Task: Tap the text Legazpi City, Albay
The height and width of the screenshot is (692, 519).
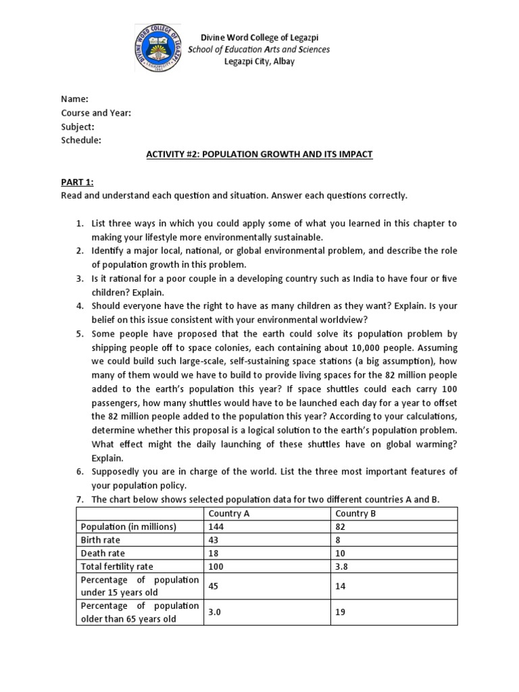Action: click(x=259, y=61)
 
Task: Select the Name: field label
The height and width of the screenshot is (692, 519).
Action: click(x=74, y=99)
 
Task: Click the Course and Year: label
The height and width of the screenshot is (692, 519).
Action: click(x=96, y=113)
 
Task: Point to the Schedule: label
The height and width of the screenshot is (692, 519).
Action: click(x=81, y=140)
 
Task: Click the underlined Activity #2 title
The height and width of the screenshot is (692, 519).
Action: click(x=259, y=154)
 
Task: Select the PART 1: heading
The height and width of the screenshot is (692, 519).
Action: click(x=78, y=182)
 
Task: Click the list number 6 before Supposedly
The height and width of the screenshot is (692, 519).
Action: click(x=78, y=472)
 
